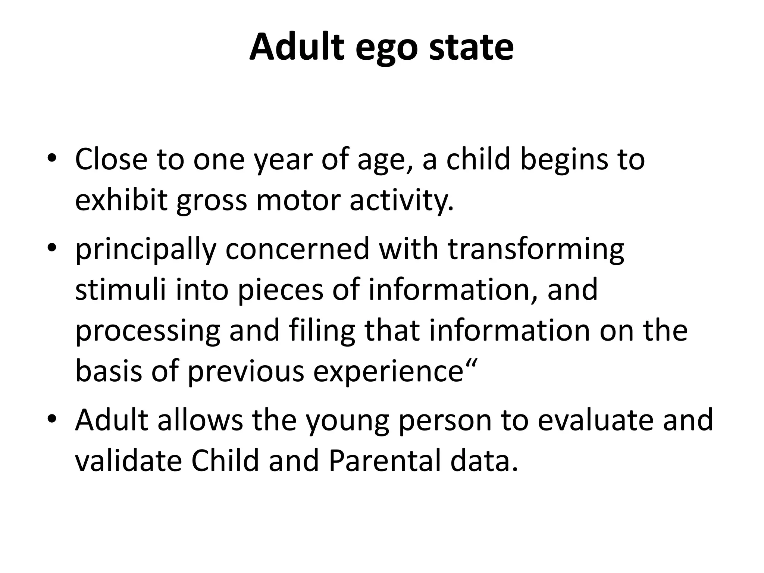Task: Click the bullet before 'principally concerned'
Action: point(52,247)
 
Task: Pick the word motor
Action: point(298,201)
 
